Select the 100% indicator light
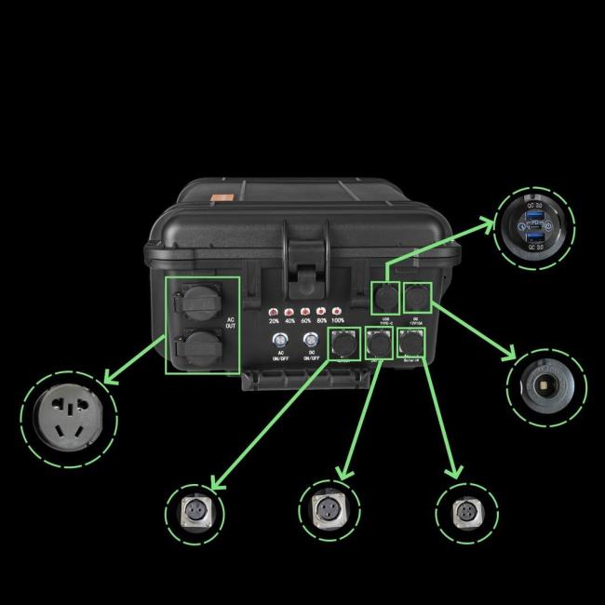[x=337, y=310]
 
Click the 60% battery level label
[x=306, y=321]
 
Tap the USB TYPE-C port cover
[x=383, y=299]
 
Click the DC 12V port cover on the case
[x=415, y=298]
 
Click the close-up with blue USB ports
[x=535, y=226]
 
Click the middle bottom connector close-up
[x=330, y=511]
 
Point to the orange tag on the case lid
[x=222, y=198]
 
